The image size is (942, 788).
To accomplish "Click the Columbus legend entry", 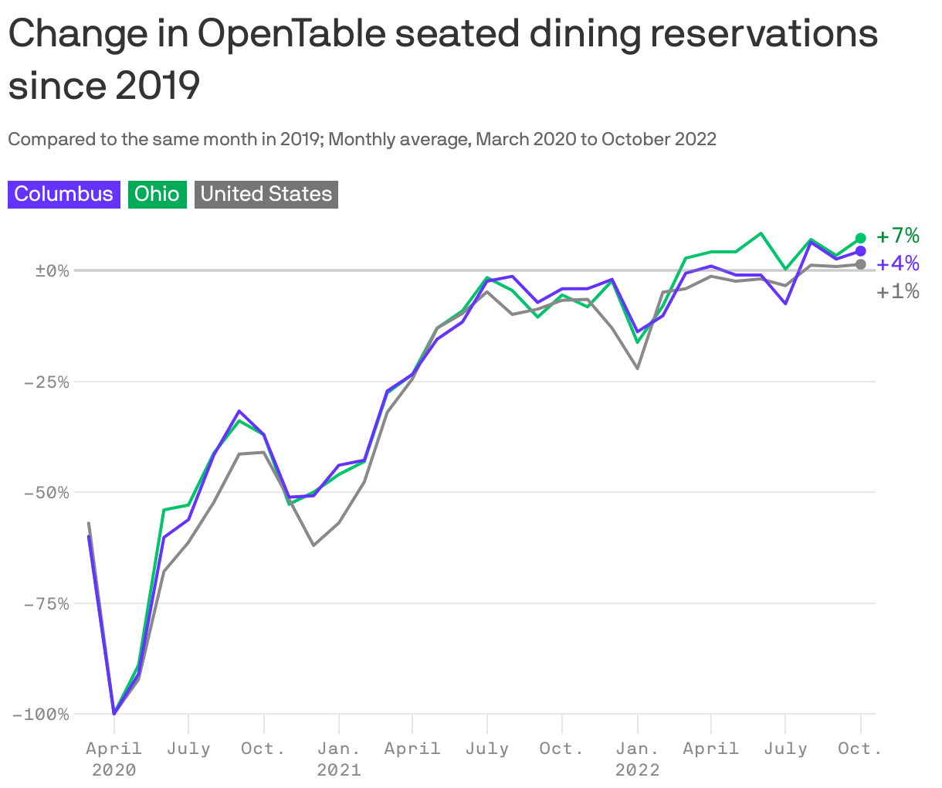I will pyautogui.click(x=64, y=194).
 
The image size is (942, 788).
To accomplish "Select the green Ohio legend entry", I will pyautogui.click(x=158, y=194).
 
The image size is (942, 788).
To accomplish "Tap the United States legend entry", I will pyautogui.click(x=266, y=194).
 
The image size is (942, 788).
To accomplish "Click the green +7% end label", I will pyautogui.click(x=898, y=236).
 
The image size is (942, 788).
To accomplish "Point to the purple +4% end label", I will pyautogui.click(x=898, y=264).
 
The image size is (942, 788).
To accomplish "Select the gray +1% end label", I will pyautogui.click(x=898, y=292).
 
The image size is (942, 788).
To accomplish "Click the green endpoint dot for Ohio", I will pyautogui.click(x=861, y=239).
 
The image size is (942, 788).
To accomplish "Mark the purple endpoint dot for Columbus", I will pyautogui.click(x=861, y=251).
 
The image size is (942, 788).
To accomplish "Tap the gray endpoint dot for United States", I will pyautogui.click(x=861, y=265).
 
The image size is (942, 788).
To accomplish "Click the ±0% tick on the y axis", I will pyautogui.click(x=52, y=270).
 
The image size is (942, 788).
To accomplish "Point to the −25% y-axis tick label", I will pyautogui.click(x=46, y=382).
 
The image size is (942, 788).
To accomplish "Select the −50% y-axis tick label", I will pyautogui.click(x=46, y=492).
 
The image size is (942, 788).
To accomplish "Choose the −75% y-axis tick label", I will pyautogui.click(x=46, y=603).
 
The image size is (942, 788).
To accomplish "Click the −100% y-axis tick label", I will pyautogui.click(x=41, y=714).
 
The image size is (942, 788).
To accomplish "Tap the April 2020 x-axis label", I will pyautogui.click(x=114, y=758).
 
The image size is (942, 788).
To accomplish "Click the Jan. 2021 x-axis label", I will pyautogui.click(x=339, y=758).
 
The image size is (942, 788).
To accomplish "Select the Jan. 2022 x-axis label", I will pyautogui.click(x=637, y=758).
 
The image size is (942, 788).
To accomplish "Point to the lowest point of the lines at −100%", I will pyautogui.click(x=114, y=713).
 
